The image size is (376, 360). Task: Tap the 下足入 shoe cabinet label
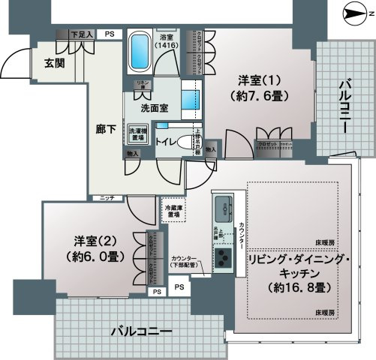(x=82, y=34)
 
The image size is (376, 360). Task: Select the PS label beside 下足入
(x=110, y=34)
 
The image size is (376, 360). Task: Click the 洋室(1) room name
(x=248, y=80)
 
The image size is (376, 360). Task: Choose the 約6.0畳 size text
(x=93, y=256)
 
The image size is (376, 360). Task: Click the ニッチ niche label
(x=102, y=198)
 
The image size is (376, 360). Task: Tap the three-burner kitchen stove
(x=224, y=260)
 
